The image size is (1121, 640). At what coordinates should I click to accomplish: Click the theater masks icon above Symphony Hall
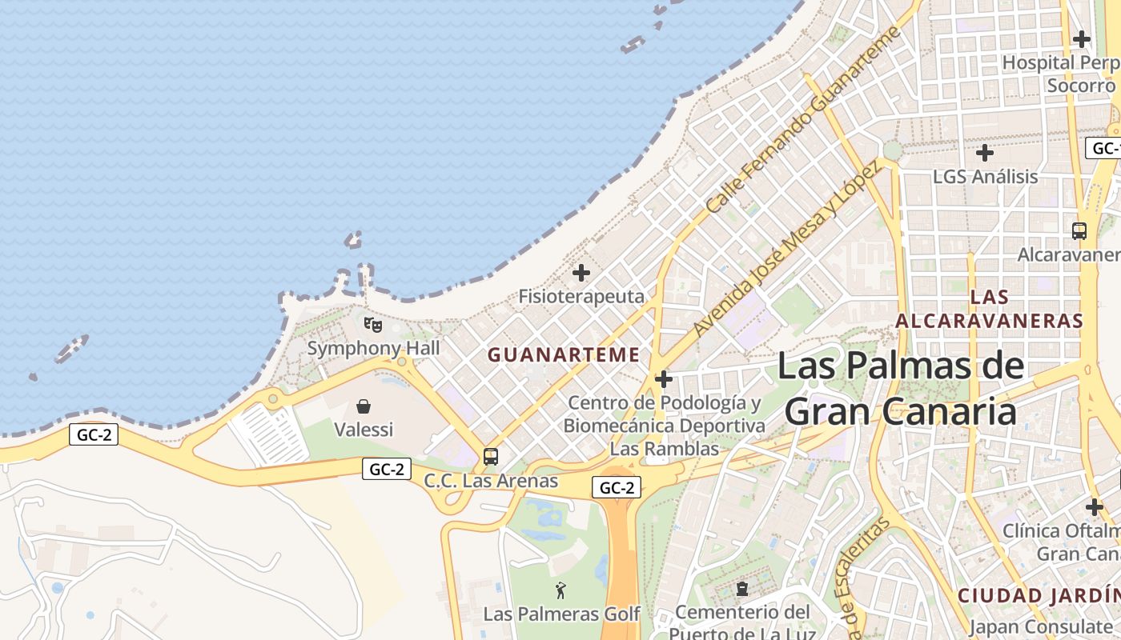[x=372, y=325]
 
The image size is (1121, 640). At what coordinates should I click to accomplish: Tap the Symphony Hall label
[x=374, y=348]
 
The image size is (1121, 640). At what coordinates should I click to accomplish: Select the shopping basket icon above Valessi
[x=364, y=406]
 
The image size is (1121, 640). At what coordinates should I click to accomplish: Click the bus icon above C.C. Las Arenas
[x=491, y=457]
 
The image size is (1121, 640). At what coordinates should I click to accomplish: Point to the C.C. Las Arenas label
[x=491, y=481]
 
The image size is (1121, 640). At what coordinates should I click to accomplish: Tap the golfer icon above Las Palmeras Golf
[x=561, y=590]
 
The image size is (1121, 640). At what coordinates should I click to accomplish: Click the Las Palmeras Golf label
[x=561, y=614]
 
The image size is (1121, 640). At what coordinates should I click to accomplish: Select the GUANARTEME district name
[x=564, y=354]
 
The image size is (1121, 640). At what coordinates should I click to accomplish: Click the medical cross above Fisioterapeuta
[x=581, y=273]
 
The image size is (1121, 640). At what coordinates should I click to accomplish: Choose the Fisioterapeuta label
[x=581, y=296]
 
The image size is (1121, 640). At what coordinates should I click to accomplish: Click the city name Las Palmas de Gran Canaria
[x=901, y=389]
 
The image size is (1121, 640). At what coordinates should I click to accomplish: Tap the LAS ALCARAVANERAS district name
[x=989, y=309]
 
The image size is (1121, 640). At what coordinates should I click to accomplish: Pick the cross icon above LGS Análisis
[x=985, y=152]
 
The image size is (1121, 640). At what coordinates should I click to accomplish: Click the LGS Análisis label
[x=985, y=176]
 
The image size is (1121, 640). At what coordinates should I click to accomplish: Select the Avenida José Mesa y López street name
[x=786, y=248]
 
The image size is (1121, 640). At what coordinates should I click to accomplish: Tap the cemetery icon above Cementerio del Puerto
[x=742, y=590]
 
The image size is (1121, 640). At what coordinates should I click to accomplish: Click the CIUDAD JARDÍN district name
[x=1039, y=596]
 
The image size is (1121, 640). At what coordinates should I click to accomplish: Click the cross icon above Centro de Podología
[x=664, y=378]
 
